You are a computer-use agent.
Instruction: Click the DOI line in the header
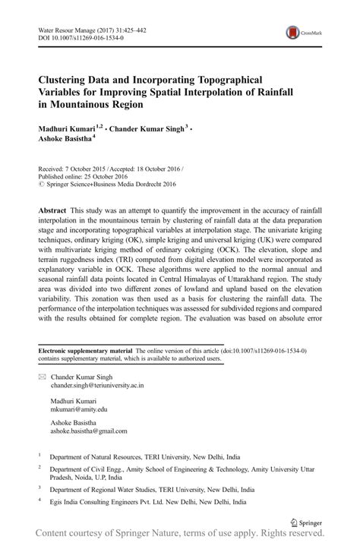click(x=76, y=37)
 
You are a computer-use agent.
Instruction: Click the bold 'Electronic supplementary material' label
click(x=85, y=352)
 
